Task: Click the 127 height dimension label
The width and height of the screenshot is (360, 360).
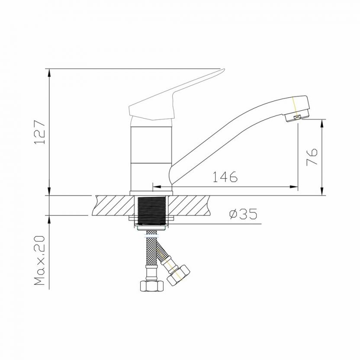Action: (x=39, y=132)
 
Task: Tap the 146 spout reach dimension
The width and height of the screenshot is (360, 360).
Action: (x=225, y=177)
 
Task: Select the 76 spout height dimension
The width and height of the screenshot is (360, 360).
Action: (x=312, y=157)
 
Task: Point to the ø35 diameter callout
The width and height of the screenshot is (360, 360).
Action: (x=243, y=214)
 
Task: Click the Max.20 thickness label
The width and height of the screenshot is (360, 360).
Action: (x=39, y=260)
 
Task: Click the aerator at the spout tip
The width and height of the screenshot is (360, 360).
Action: (x=294, y=117)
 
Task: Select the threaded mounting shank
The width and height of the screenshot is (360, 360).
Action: (x=151, y=210)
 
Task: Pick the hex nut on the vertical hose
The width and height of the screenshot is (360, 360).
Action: (x=152, y=286)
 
